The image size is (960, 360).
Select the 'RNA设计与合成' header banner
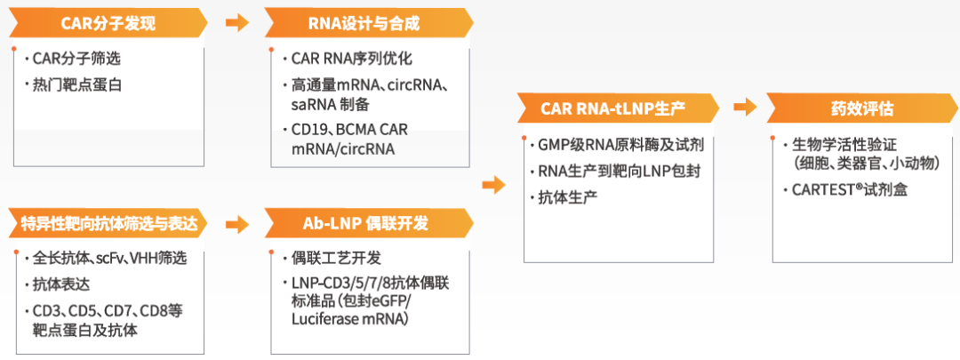pos(368,22)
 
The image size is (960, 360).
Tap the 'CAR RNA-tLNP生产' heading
pos(613,108)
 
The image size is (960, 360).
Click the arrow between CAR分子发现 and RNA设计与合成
pos(237,22)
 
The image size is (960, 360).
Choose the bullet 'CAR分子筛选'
pos(76,60)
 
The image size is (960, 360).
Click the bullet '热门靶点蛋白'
pos(77,85)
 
